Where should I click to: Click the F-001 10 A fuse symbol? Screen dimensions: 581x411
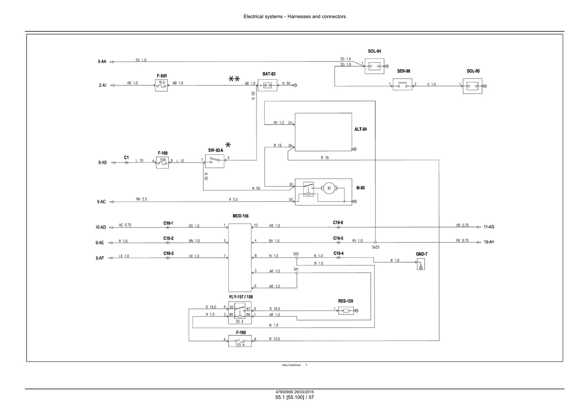coord(161,85)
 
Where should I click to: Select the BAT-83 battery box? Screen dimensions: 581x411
coord(267,85)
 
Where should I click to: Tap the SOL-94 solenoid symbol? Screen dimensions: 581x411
coord(374,66)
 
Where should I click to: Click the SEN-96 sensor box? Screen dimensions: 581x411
coord(402,84)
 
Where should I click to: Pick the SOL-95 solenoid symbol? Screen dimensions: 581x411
coord(472,86)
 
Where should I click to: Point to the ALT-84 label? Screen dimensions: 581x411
coord(361,129)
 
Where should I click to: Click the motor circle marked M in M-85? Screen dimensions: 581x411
coord(329,188)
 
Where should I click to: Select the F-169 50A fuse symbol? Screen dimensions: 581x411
coord(162,162)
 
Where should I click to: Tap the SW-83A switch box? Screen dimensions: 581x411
coord(215,161)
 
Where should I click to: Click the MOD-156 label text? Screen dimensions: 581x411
coord(240,216)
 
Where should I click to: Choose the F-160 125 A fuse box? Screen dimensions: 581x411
coord(240,341)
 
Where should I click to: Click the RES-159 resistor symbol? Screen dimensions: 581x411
coord(346,310)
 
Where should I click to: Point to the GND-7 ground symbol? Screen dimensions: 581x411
coord(421,264)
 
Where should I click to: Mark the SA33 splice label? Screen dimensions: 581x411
coord(375,247)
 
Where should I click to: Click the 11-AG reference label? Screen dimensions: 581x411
coord(489,227)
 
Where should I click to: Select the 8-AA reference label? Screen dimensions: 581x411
coord(102,62)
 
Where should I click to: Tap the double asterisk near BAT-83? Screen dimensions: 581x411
coord(234,78)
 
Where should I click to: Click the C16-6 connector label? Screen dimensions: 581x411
coord(338,223)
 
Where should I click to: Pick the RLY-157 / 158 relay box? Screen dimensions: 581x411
coord(240,312)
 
